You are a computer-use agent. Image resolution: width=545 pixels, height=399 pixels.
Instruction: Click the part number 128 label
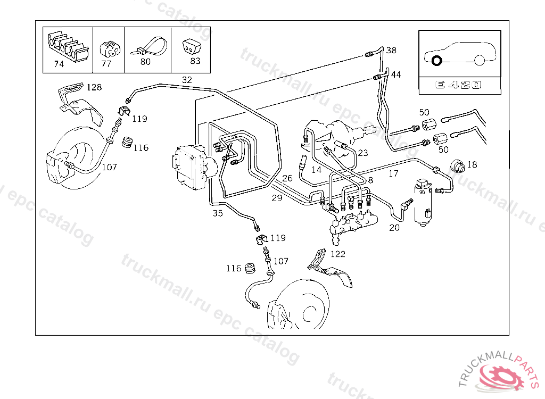[x=94, y=87]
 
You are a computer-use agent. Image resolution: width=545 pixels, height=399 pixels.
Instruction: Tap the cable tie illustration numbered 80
[x=150, y=47]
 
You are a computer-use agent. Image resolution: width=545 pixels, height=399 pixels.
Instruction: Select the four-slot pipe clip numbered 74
[x=67, y=46]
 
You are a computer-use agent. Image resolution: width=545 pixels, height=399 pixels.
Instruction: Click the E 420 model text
[x=458, y=85]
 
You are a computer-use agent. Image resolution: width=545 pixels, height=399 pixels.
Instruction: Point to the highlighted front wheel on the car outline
[x=436, y=61]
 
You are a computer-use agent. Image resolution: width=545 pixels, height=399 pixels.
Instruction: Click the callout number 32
[x=187, y=80]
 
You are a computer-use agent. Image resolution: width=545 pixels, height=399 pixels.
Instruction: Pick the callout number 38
[x=391, y=50]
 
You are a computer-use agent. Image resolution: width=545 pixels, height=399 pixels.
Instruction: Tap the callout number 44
[x=396, y=74]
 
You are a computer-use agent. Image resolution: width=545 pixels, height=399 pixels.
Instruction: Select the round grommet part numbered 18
[x=457, y=167]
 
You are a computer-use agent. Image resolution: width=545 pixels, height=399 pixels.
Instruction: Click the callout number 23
[x=363, y=153]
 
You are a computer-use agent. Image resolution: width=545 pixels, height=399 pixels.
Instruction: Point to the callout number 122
[x=338, y=254]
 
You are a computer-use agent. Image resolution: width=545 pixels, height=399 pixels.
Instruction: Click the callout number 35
[x=218, y=213]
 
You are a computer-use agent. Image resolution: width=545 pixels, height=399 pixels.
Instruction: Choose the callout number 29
[x=277, y=198]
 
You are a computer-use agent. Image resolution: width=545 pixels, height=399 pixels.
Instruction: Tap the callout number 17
[x=393, y=173]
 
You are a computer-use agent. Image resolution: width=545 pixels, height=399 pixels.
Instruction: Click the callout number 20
[x=394, y=228]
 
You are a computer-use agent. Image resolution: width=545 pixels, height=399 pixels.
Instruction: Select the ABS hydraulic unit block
[x=191, y=167]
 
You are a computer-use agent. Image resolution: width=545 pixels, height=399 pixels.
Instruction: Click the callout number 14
[x=317, y=170]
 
